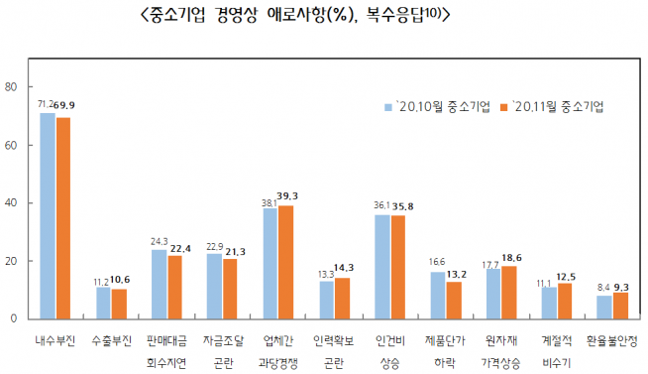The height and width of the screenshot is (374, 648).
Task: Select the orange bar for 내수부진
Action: (63, 217)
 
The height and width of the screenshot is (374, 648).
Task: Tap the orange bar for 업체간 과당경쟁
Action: (286, 262)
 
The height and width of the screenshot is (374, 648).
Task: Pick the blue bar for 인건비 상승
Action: (381, 266)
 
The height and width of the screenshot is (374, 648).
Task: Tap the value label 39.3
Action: (288, 195)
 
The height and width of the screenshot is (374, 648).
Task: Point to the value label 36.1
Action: (380, 205)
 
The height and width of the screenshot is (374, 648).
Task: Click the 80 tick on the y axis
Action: (12, 87)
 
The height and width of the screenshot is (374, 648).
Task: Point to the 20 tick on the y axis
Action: (12, 261)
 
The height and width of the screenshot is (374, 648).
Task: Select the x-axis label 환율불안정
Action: (611, 339)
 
